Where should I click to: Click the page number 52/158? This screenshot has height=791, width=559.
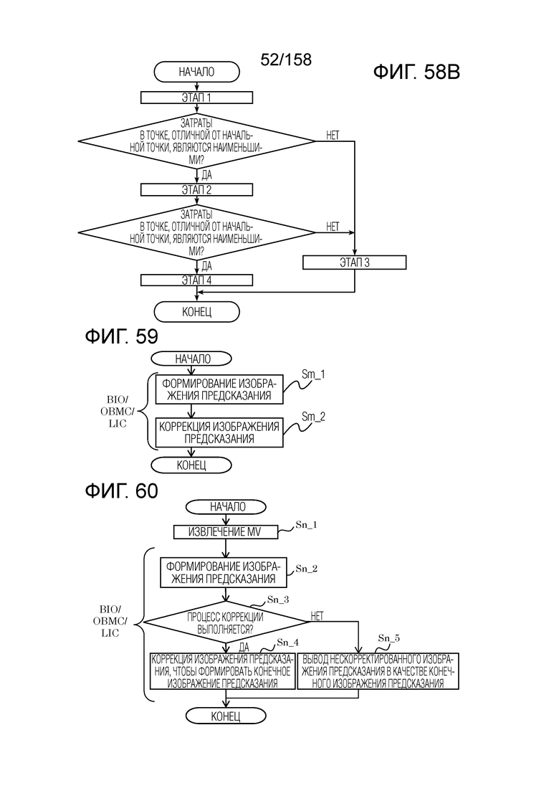pyautogui.click(x=286, y=60)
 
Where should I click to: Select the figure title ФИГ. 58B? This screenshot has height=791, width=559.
pyautogui.click(x=416, y=73)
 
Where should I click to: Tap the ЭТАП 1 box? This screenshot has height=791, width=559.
pyautogui.click(x=196, y=96)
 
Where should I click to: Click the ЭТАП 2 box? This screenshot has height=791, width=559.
pyautogui.click(x=196, y=189)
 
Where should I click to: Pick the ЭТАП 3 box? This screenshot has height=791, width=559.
pyautogui.click(x=355, y=262)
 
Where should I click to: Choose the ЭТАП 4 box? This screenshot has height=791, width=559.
pyautogui.click(x=196, y=280)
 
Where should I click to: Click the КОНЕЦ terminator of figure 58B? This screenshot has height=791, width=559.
pyautogui.click(x=196, y=311)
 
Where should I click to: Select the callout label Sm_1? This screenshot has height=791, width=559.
pyautogui.click(x=313, y=374)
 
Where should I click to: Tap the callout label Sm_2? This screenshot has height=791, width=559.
pyautogui.click(x=313, y=417)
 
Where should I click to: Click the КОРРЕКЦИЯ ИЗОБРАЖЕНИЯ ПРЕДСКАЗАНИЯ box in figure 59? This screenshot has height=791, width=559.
pyautogui.click(x=219, y=432)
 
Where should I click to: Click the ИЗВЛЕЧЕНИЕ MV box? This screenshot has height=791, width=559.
pyautogui.click(x=226, y=532)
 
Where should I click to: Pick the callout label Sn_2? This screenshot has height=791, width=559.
pyautogui.click(x=306, y=569)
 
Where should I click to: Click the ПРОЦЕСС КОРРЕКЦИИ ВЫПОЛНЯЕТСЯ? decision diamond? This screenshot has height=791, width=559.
pyautogui.click(x=226, y=622)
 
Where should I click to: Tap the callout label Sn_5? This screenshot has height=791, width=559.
pyautogui.click(x=389, y=638)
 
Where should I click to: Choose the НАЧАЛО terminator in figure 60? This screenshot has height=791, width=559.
pyautogui.click(x=226, y=506)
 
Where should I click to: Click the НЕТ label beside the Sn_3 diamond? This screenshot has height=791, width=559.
pyautogui.click(x=317, y=615)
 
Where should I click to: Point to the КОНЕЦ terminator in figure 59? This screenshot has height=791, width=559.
pyautogui.click(x=191, y=465)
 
